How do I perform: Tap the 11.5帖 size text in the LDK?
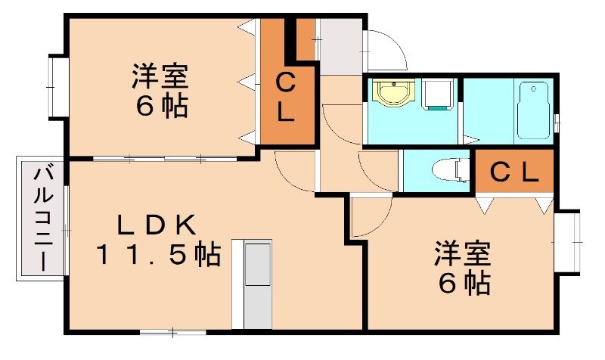[158, 254]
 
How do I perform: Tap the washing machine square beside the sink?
[438, 95]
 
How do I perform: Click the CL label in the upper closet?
[285, 96]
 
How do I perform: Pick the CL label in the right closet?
[514, 172]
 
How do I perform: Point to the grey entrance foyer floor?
[340, 46]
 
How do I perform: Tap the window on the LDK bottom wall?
[173, 331]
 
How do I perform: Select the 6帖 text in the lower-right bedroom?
[462, 283]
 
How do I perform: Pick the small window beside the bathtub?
[557, 119]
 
